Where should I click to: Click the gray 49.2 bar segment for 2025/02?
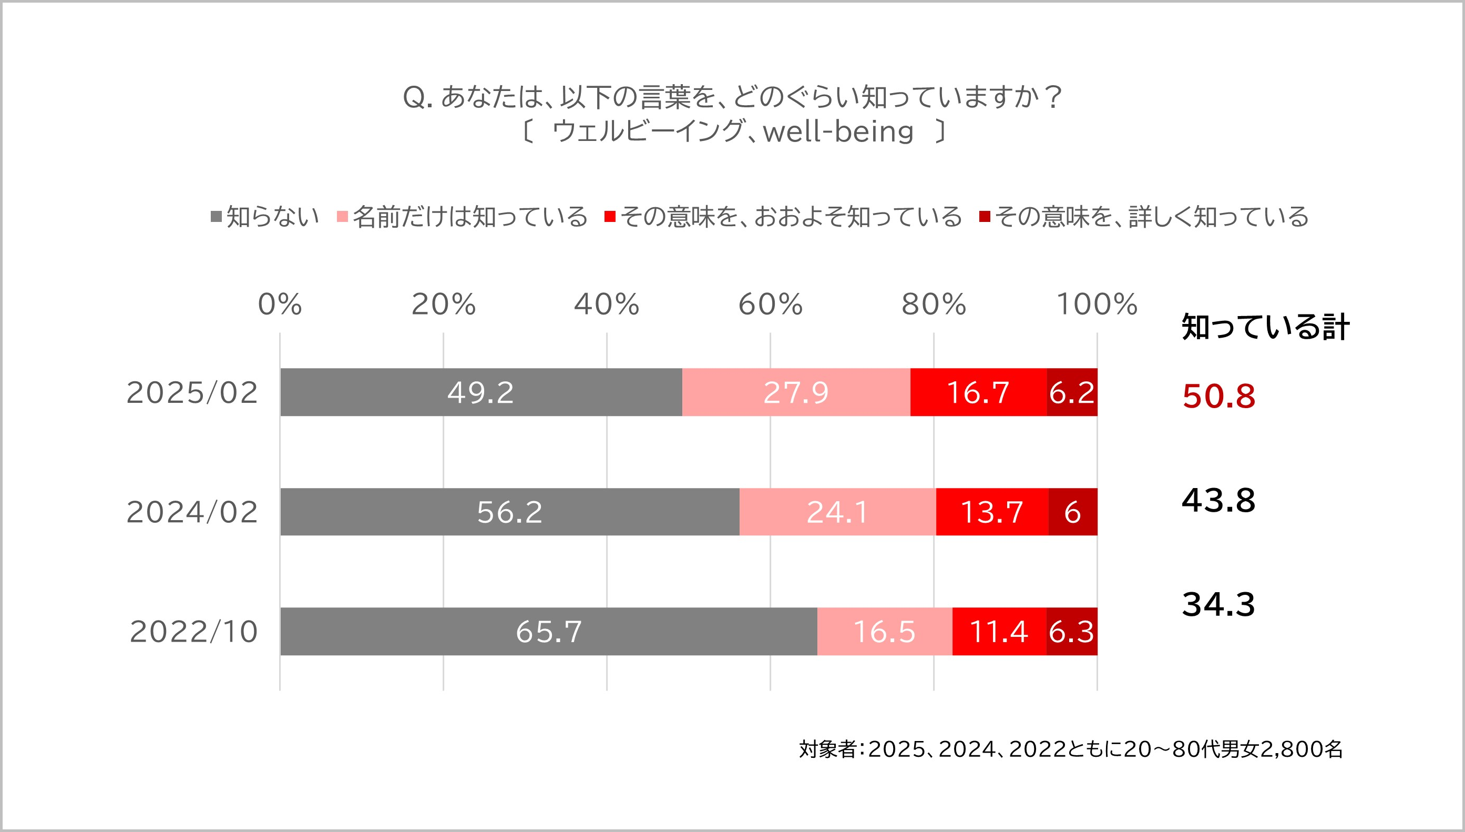[481, 392]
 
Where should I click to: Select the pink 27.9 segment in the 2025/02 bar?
[796, 392]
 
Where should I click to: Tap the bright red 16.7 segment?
[978, 392]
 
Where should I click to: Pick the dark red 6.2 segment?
[1072, 392]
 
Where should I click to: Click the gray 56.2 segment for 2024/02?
[509, 511]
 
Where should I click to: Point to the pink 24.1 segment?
[837, 511]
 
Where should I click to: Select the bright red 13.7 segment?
[992, 511]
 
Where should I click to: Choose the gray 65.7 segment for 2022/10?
[548, 631]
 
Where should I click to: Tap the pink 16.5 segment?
[884, 631]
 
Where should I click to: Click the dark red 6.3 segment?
[1071, 631]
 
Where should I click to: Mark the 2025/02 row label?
[192, 392]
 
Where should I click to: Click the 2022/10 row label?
[194, 632]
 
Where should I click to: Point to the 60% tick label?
[771, 304]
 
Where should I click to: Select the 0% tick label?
[280, 304]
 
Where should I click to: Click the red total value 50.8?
[1219, 396]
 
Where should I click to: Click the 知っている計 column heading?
[1266, 327]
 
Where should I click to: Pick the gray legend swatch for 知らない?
[217, 217]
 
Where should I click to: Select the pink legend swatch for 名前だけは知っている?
[343, 217]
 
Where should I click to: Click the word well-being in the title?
[838, 132]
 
